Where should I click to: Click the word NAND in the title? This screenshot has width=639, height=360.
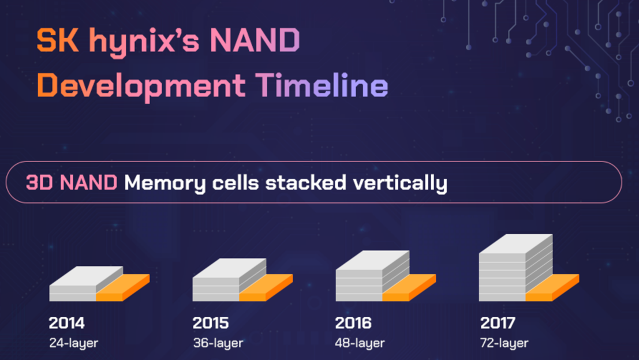coord(255,40)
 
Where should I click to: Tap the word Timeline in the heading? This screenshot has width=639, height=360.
coord(322,85)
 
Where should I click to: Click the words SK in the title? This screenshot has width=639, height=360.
coord(58,40)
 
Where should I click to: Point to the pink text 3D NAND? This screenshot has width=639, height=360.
coord(72,182)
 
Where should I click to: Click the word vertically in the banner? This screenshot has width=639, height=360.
coord(400,183)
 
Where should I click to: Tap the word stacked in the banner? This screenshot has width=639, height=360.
coord(305,182)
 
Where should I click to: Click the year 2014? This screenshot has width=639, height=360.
coord(67,323)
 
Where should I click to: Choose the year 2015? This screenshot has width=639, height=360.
coord(211,323)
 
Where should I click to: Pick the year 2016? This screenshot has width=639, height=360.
coord(353,323)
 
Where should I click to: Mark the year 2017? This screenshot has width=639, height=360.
coord(498,323)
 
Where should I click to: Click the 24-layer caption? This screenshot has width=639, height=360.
coord(74,343)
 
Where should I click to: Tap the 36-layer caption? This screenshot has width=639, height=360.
coord(218,343)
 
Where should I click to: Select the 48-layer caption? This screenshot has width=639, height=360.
coord(360,343)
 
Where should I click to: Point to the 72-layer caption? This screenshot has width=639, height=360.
coord(505,343)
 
